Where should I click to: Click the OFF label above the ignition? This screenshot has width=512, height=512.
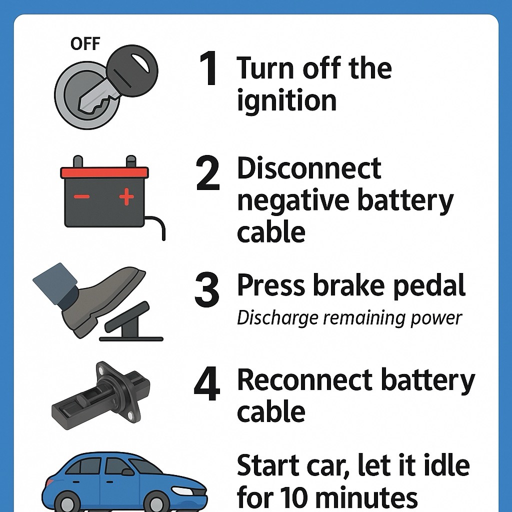point(85,44)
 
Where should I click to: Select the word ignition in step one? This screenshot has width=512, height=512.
point(286,100)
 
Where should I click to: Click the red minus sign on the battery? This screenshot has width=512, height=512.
point(81,196)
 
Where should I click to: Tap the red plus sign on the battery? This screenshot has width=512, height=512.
point(126,197)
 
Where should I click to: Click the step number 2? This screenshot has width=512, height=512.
point(208,173)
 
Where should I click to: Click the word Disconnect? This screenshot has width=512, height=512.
point(309,168)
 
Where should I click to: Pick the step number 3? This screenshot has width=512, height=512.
point(207,290)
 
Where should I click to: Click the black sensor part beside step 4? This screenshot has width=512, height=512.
point(100,396)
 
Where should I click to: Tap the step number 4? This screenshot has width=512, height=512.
point(207,384)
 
